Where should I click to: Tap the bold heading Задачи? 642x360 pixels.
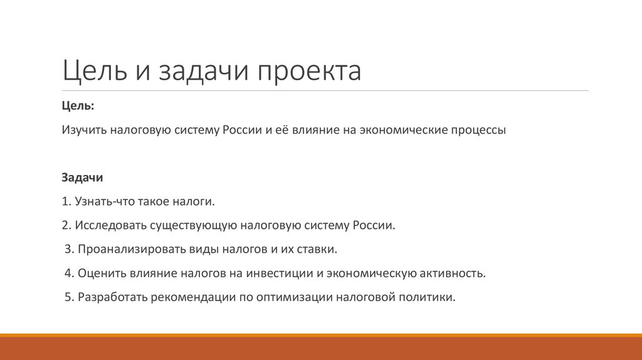tap(82, 178)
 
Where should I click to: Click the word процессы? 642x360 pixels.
tap(476, 130)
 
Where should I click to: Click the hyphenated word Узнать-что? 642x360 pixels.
tap(102, 202)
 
